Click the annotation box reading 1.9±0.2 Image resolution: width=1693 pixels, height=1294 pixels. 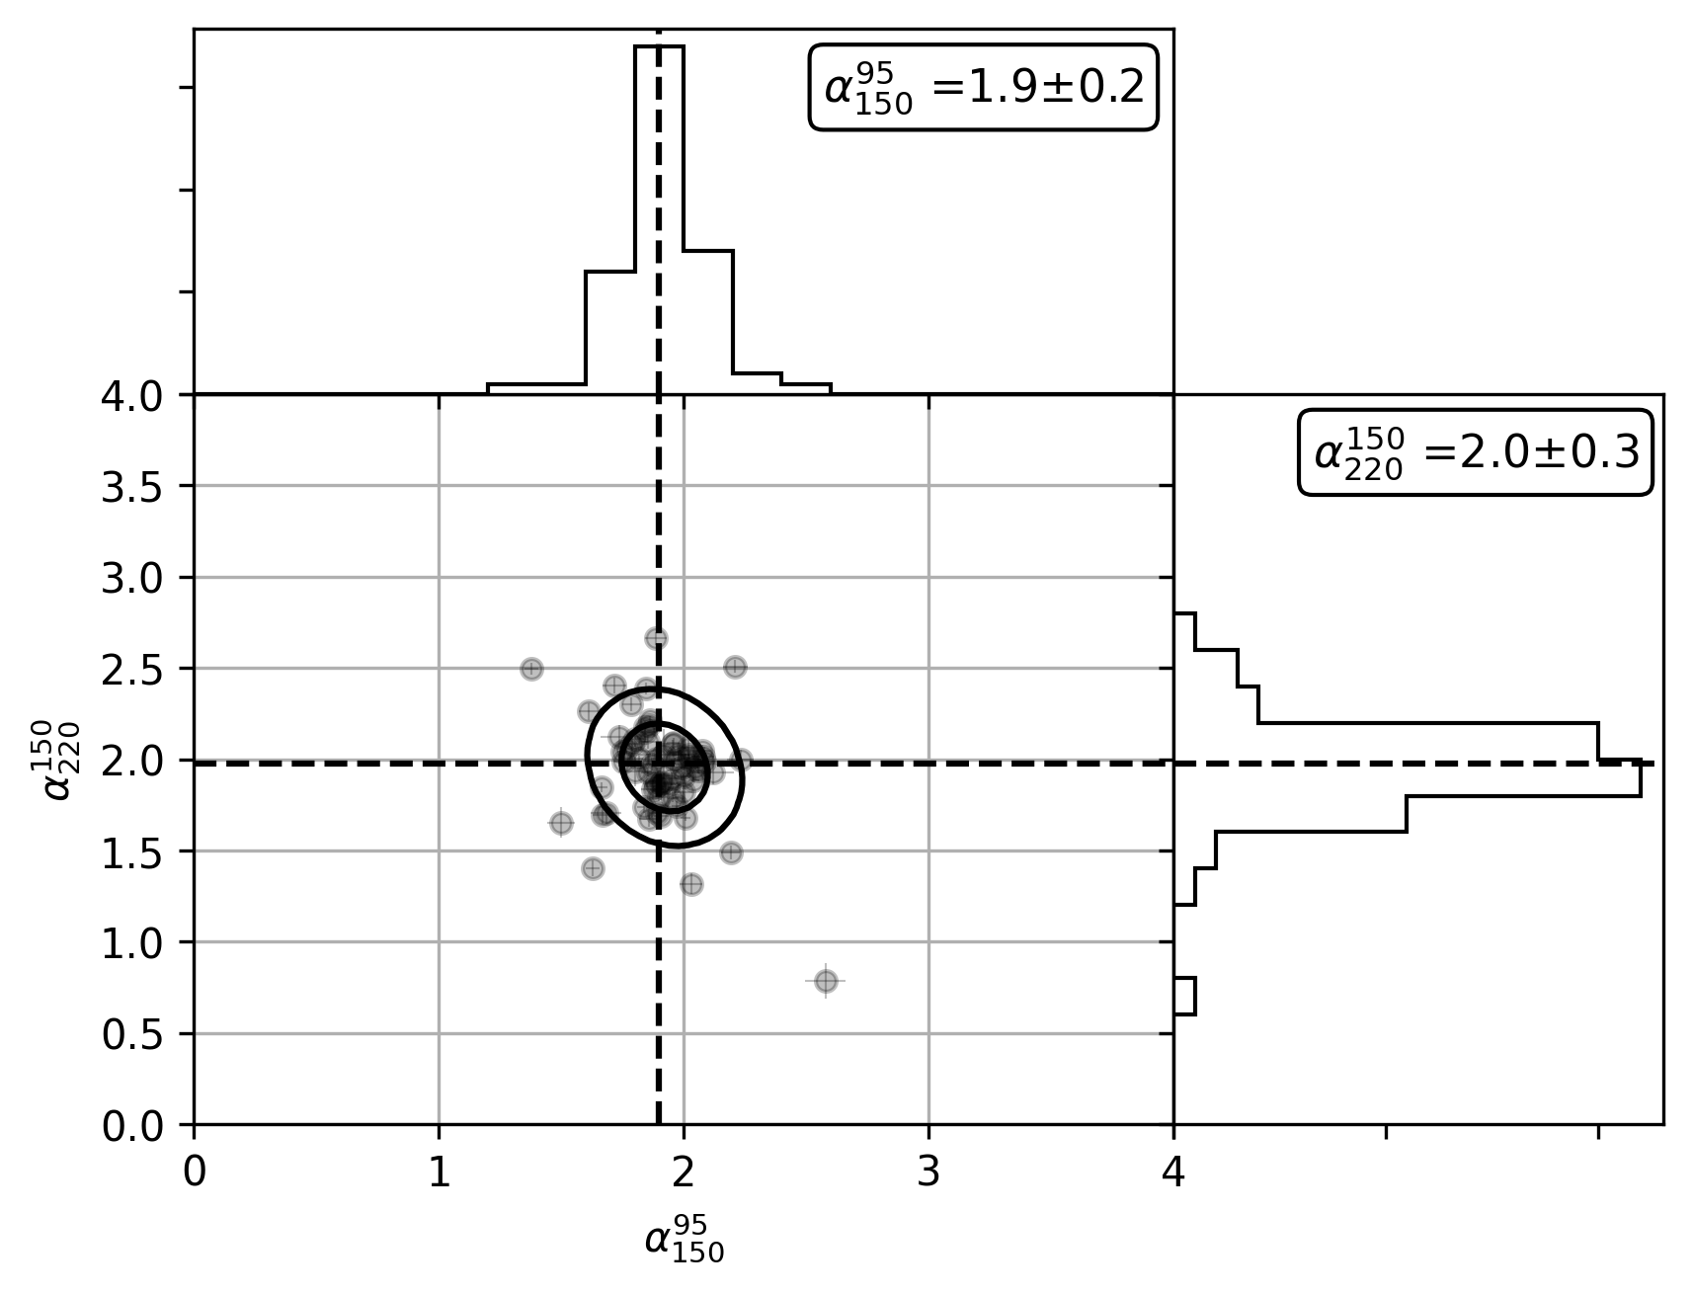(x=983, y=87)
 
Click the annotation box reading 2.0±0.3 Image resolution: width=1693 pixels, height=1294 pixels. (x=1476, y=452)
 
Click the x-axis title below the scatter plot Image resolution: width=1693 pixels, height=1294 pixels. (x=684, y=1241)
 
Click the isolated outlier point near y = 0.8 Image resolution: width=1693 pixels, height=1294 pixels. (x=826, y=981)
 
